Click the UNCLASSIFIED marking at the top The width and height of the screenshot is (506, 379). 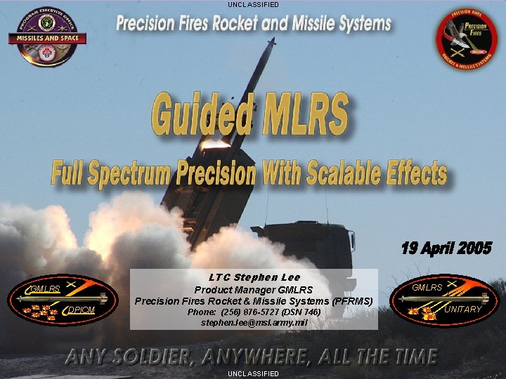(x=253, y=4)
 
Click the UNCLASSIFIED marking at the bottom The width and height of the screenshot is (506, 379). (x=253, y=374)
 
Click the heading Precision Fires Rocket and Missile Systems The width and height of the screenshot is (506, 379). (x=253, y=24)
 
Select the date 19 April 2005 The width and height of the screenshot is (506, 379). (x=446, y=248)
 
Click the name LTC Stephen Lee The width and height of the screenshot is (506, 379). (x=254, y=277)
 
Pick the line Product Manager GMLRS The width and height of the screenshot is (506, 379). (x=254, y=290)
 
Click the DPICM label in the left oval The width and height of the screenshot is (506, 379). (x=82, y=310)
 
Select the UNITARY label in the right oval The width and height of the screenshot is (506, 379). (x=462, y=310)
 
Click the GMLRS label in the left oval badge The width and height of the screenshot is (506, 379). (x=45, y=288)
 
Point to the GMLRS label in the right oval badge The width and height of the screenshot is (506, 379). (x=427, y=288)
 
